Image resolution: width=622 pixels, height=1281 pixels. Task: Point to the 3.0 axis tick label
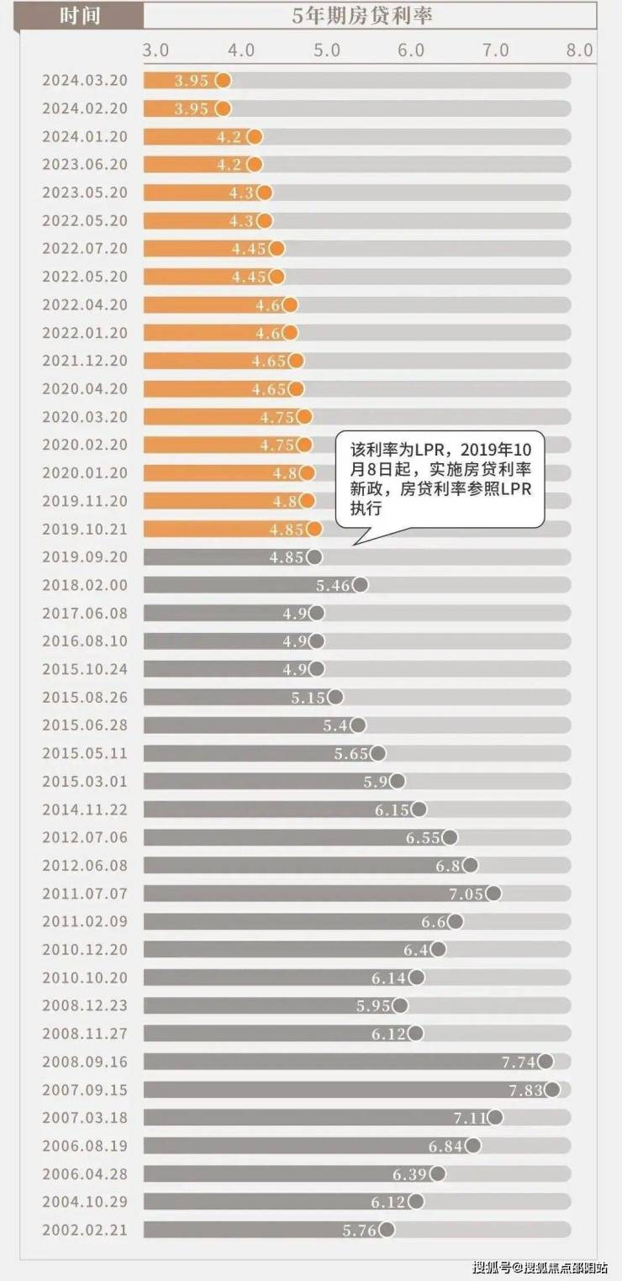(x=155, y=50)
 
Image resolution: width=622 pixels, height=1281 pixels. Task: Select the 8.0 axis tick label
(x=579, y=50)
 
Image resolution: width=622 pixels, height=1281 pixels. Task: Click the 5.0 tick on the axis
(x=326, y=50)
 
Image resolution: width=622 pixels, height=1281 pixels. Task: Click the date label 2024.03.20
(x=85, y=81)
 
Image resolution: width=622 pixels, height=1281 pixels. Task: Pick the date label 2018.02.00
(x=85, y=585)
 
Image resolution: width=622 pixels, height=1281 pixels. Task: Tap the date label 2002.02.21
(x=85, y=1230)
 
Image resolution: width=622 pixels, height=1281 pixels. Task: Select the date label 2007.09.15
(x=85, y=1089)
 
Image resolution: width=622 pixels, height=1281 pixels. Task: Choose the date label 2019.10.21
(x=85, y=529)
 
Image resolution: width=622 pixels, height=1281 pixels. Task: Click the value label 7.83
(x=524, y=1090)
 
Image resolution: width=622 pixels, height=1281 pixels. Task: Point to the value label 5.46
(x=333, y=586)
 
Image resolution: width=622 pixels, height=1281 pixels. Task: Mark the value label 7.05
(x=466, y=894)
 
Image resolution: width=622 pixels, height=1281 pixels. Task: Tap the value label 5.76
(x=360, y=1231)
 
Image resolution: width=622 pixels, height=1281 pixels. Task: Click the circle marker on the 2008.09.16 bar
(x=546, y=1062)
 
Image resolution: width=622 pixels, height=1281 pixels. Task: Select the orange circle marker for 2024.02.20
(x=223, y=108)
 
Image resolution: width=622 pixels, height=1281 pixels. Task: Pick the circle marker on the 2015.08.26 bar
(x=335, y=697)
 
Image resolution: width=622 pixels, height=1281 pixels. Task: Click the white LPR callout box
(x=440, y=479)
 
